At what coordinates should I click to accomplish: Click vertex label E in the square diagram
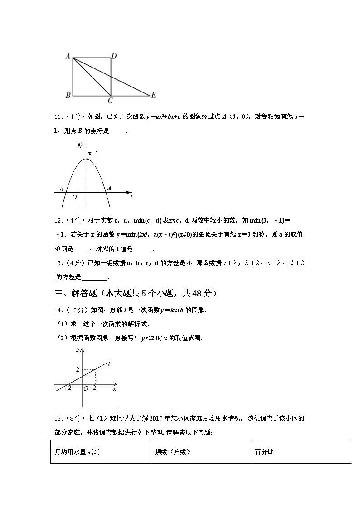154,95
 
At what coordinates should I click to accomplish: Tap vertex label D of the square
114,56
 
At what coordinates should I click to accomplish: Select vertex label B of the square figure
68,95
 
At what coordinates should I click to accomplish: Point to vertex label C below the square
110,101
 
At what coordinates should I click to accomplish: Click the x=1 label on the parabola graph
93,154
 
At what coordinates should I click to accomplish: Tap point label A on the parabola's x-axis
109,188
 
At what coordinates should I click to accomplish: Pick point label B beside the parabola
62,189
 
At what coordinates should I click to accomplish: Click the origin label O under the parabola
74,198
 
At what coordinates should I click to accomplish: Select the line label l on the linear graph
109,364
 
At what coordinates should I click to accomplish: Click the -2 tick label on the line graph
68,388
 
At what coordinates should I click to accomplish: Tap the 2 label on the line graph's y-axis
78,370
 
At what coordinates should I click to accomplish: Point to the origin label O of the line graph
86,388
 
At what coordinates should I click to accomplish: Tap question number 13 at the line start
58,263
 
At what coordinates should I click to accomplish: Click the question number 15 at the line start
58,418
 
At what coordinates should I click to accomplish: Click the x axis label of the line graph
114,389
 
